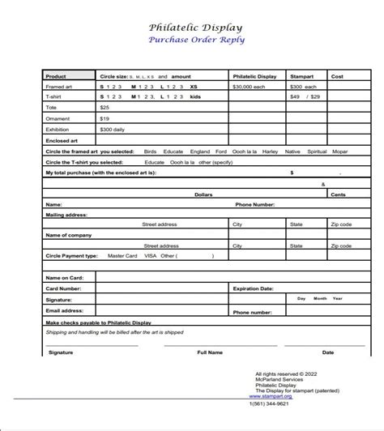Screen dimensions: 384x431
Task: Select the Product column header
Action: pos(57,77)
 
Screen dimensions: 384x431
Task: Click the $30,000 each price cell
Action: pos(250,87)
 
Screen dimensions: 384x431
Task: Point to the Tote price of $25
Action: pos(105,107)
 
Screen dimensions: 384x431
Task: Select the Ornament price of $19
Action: pos(105,117)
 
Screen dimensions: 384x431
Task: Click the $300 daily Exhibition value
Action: pos(113,129)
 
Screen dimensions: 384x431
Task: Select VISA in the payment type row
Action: pos(150,256)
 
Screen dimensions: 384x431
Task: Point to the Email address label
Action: pos(65,309)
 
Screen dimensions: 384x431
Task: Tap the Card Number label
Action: pos(63,288)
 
